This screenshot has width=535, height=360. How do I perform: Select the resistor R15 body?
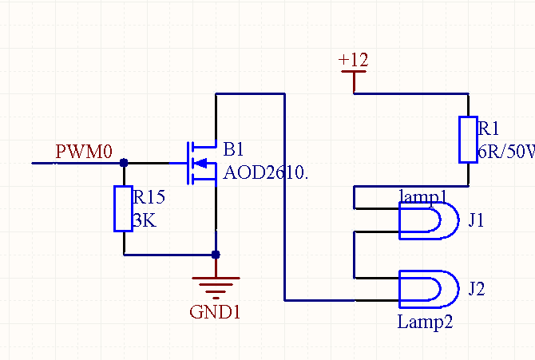click(123, 208)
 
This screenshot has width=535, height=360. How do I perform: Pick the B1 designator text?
click(233, 149)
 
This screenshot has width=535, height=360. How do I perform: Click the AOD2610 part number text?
click(265, 172)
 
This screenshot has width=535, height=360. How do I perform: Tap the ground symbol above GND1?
click(216, 284)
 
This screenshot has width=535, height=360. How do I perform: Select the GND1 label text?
click(215, 312)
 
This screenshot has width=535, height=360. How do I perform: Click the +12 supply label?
click(353, 60)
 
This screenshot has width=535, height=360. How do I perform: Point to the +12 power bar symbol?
click(353, 72)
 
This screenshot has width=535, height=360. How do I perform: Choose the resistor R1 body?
click(467, 140)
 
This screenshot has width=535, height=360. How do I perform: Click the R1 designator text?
click(488, 129)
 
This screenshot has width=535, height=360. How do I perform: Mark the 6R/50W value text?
click(505, 152)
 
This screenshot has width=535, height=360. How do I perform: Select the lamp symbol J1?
click(429, 220)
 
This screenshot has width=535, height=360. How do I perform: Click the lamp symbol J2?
click(429, 289)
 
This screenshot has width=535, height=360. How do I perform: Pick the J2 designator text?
click(477, 288)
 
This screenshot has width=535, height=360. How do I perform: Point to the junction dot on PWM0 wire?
click(123, 163)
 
